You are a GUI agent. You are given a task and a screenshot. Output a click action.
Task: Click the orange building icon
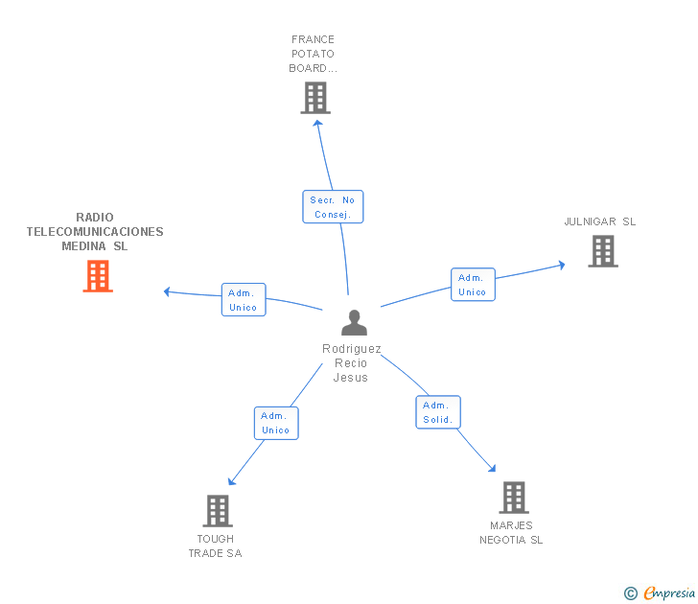pyautogui.click(x=98, y=276)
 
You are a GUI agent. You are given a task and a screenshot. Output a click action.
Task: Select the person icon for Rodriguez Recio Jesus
pyautogui.click(x=355, y=323)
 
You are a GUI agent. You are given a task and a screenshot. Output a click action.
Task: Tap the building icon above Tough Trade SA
pyautogui.click(x=218, y=511)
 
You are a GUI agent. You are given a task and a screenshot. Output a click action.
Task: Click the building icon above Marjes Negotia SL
pyautogui.click(x=514, y=498)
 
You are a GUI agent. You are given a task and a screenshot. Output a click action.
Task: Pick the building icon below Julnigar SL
pyautogui.click(x=603, y=251)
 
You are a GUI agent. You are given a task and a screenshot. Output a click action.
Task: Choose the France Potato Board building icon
pyautogui.click(x=315, y=98)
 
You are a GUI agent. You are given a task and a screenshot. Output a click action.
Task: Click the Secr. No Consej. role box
pyautogui.click(x=333, y=207)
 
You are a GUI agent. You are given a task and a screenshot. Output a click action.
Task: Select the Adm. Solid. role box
pyautogui.click(x=438, y=412)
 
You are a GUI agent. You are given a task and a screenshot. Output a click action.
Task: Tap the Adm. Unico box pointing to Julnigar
pyautogui.click(x=473, y=285)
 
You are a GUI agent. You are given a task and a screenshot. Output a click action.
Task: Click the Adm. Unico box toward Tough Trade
pyautogui.click(x=276, y=424)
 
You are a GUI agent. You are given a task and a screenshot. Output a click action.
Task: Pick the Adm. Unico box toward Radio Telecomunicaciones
pyautogui.click(x=244, y=299)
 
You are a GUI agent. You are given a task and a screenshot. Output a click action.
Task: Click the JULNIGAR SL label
pyautogui.click(x=599, y=221)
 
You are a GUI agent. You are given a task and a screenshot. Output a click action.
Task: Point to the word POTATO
pyautogui.click(x=313, y=54)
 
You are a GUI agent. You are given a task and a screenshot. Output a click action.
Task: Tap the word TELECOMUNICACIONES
pyautogui.click(x=95, y=232)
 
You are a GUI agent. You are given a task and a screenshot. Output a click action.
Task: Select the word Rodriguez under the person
pyautogui.click(x=352, y=349)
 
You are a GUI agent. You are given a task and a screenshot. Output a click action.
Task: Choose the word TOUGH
pyautogui.click(x=216, y=539)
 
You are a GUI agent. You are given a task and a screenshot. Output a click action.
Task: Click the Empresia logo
pyautogui.click(x=660, y=592)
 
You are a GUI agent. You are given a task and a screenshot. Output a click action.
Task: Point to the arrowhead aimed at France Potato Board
pyautogui.click(x=317, y=124)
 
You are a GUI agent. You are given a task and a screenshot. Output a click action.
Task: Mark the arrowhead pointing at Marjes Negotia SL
pyautogui.click(x=492, y=468)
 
